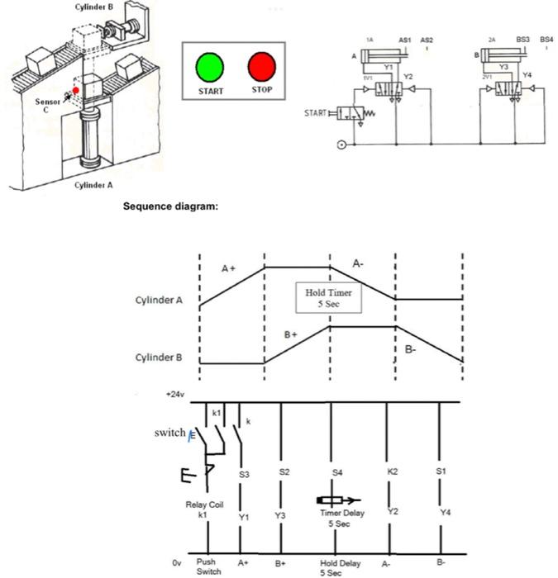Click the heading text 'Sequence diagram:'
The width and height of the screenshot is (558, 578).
tap(170, 206)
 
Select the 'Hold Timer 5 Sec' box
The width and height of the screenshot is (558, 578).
tap(328, 298)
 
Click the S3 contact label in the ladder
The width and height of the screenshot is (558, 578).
tap(244, 475)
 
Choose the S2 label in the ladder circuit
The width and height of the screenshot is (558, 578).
tap(284, 471)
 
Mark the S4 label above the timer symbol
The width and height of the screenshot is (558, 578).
tap(336, 472)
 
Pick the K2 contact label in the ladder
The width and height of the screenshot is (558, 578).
tap(393, 471)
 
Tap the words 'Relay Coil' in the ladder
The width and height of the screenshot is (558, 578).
tap(204, 504)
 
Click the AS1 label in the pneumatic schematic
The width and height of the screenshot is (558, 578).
tap(405, 39)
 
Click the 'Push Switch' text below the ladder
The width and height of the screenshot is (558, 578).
tap(209, 566)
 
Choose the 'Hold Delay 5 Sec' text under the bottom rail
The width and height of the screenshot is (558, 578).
tap(340, 568)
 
